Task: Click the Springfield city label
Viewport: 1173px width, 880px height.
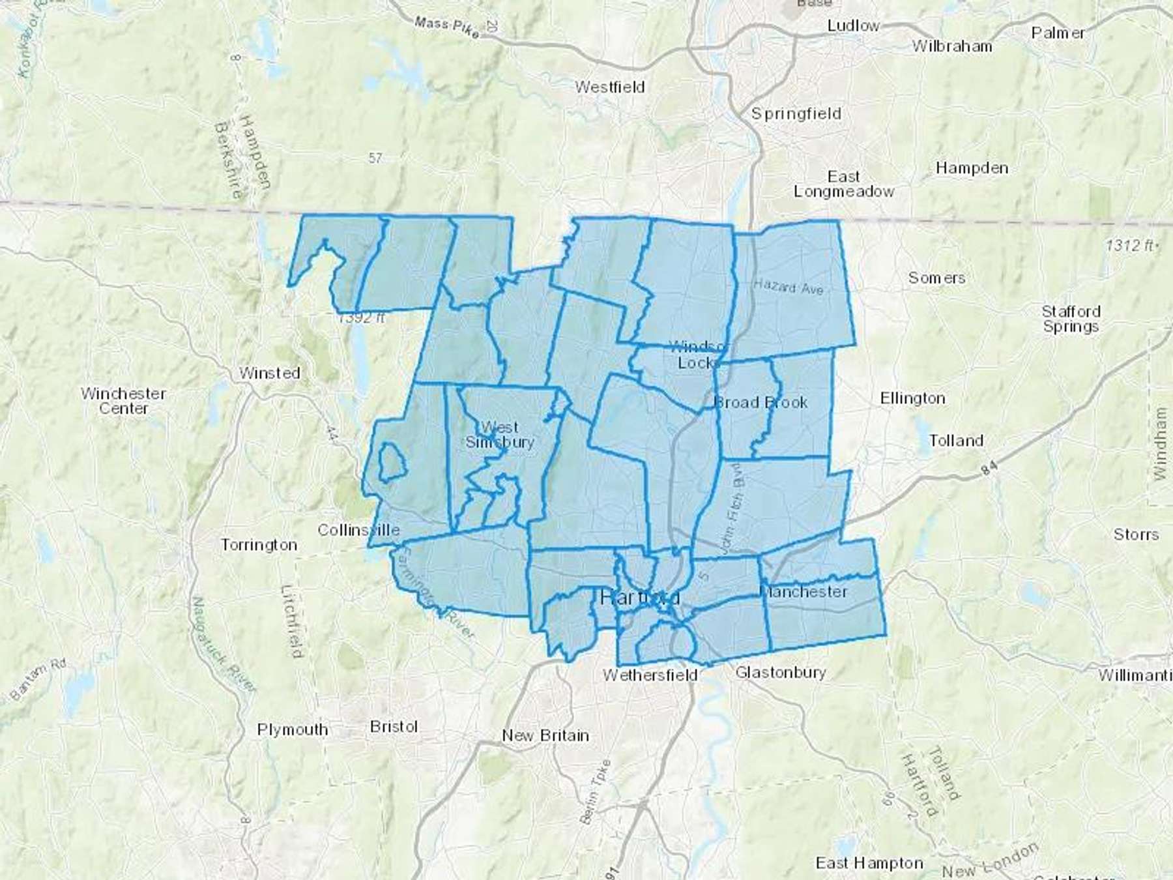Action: [x=796, y=114]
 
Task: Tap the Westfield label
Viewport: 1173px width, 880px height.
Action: [x=610, y=87]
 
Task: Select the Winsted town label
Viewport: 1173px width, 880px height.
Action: [x=269, y=373]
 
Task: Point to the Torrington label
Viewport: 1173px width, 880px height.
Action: [x=259, y=544]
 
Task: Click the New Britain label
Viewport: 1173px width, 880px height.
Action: [x=545, y=735]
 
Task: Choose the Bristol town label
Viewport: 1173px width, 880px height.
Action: [x=394, y=726]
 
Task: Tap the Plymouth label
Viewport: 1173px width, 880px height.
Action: [x=293, y=729]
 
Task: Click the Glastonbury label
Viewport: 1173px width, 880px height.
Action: [x=781, y=672]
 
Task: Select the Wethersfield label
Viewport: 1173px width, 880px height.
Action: [x=650, y=675]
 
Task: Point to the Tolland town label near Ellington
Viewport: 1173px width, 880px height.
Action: [x=956, y=441]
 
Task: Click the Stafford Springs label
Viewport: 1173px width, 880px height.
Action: [x=1071, y=319]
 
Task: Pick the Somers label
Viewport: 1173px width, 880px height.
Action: [x=937, y=278]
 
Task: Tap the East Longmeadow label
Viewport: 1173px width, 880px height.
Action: [x=844, y=184]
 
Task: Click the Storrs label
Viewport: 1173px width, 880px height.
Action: [x=1136, y=535]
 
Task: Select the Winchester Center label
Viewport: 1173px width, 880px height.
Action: [x=124, y=401]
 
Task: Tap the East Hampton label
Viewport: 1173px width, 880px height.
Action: [x=869, y=863]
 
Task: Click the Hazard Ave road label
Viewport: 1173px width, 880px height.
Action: [x=789, y=286]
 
